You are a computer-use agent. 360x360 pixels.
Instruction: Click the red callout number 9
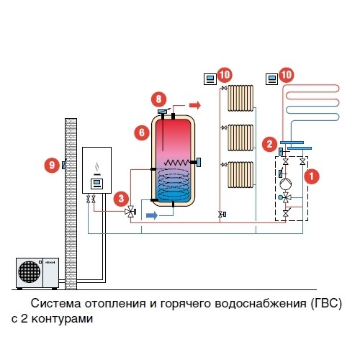(x=52, y=165)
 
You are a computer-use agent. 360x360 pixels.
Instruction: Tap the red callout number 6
(x=142, y=132)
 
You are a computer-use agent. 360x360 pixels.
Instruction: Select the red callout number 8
(x=158, y=99)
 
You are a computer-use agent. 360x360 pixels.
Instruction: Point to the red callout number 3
(x=121, y=199)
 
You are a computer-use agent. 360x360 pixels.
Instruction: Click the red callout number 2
(x=269, y=144)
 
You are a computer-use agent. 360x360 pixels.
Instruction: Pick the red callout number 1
(x=312, y=176)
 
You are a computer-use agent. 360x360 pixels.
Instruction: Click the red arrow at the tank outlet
(x=195, y=105)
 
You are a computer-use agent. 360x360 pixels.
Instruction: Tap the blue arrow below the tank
(x=152, y=215)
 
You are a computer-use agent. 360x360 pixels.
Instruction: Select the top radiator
(x=240, y=98)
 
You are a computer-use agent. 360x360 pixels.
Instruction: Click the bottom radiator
(x=240, y=175)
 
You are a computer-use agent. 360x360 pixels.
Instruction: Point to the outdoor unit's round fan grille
(x=30, y=272)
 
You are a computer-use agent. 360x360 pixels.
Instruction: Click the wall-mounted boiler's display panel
(x=96, y=184)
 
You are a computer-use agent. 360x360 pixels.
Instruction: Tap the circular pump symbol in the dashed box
(x=286, y=184)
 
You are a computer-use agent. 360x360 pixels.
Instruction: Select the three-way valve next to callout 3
(x=130, y=212)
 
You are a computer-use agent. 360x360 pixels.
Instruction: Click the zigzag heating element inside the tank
(x=176, y=163)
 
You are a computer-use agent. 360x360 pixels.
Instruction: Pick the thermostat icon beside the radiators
(x=210, y=79)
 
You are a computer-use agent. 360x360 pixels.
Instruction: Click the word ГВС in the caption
(x=325, y=303)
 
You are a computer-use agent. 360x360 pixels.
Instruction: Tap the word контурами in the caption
(x=62, y=319)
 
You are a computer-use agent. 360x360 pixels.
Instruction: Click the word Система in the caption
(x=55, y=303)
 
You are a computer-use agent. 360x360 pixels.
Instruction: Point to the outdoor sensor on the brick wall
(x=64, y=165)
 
